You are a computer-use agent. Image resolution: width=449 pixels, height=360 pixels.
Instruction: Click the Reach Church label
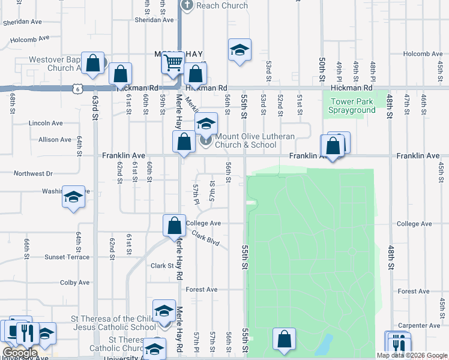coord(222,5)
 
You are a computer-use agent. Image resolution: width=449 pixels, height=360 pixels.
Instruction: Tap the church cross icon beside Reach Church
coord(187,5)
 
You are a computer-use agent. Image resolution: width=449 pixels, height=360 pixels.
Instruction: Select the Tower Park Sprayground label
coord(352,106)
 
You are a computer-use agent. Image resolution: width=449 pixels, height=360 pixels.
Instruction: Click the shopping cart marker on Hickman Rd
coord(173,62)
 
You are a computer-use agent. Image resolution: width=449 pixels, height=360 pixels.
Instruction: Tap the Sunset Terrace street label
coord(67,257)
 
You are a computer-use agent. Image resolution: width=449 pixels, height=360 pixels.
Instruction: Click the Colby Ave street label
coord(74,282)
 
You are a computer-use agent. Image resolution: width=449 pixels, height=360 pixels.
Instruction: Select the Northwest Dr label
coord(33,173)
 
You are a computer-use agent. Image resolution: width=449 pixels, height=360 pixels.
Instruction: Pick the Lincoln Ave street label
coord(46,123)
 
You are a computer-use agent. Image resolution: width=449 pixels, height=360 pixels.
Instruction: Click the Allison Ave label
coord(55,139)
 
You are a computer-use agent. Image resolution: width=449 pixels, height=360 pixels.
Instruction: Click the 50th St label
coord(322,70)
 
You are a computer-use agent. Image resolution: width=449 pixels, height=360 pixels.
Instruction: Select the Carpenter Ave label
coord(418,326)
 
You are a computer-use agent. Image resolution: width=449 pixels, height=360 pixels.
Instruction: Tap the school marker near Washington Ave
coord(73,197)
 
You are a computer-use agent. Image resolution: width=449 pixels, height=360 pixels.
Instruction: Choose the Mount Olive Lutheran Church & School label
coord(255,140)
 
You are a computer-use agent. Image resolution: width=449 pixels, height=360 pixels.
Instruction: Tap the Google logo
coord(19,353)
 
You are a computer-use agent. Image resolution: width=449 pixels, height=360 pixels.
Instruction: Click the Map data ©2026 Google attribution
coord(411,355)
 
